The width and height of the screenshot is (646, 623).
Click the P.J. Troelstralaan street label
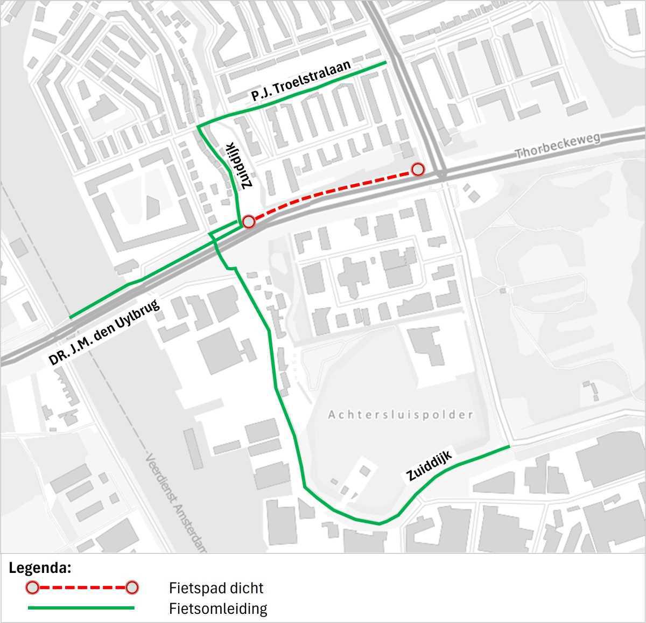300,81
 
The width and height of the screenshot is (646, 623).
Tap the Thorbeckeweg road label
558,145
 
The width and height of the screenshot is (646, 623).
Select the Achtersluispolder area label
401,415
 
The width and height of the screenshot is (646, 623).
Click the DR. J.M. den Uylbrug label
105,332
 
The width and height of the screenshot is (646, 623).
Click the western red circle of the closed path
248,221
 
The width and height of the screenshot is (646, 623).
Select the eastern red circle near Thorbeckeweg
418,170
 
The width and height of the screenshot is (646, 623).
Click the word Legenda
40,568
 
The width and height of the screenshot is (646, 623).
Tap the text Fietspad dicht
216,588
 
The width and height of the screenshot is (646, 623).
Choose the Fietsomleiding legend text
218,608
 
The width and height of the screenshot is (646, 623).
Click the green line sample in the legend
81,608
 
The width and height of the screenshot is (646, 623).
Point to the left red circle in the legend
33,587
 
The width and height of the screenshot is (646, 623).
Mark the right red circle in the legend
132,587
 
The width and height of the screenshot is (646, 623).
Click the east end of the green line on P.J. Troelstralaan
386,63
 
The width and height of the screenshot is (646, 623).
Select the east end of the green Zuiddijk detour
508,446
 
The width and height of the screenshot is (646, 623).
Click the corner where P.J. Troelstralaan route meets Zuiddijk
198,127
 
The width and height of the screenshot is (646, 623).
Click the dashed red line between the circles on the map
334,194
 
